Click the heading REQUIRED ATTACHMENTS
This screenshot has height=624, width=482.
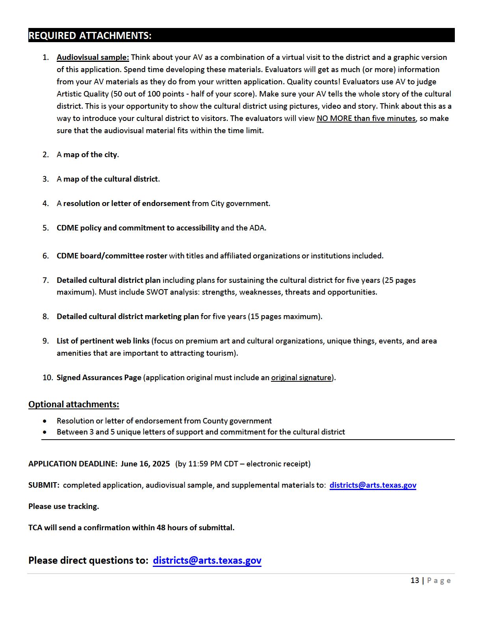click(x=90, y=35)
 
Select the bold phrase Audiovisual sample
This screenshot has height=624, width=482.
click(x=93, y=58)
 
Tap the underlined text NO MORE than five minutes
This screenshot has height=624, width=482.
click(x=366, y=119)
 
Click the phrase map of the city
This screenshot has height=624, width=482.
click(x=90, y=155)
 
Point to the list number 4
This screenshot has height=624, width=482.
click(x=46, y=204)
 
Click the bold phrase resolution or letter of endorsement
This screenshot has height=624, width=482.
click(x=126, y=204)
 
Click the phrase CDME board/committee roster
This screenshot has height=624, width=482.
click(x=112, y=256)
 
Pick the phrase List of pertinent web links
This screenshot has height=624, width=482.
click(x=103, y=341)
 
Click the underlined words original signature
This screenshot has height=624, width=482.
click(x=301, y=378)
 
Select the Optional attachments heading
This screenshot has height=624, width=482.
click(x=74, y=405)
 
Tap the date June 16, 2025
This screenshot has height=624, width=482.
click(x=145, y=464)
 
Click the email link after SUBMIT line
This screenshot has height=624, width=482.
click(x=373, y=485)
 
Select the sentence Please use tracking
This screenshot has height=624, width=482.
click(x=63, y=507)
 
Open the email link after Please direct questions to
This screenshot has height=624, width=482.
click(x=207, y=561)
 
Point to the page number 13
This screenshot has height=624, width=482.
click(x=415, y=581)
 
